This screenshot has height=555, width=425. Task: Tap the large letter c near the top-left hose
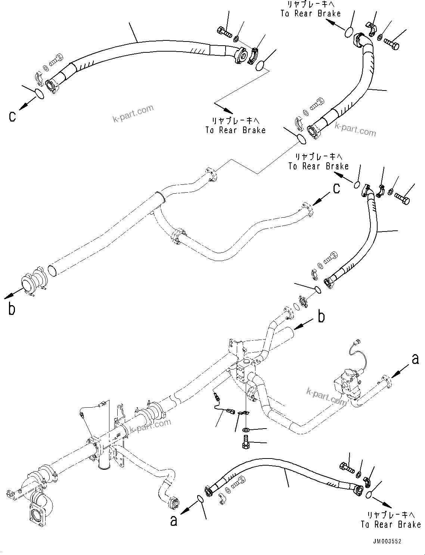(13, 116)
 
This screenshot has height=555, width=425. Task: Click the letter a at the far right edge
(415, 359)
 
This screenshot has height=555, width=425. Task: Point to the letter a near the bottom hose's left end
(174, 521)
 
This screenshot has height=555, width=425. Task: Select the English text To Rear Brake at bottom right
(391, 524)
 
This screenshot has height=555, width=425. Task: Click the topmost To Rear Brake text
(310, 13)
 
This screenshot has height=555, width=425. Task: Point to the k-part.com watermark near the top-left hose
(133, 113)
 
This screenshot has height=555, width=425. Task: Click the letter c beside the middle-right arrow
(336, 189)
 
